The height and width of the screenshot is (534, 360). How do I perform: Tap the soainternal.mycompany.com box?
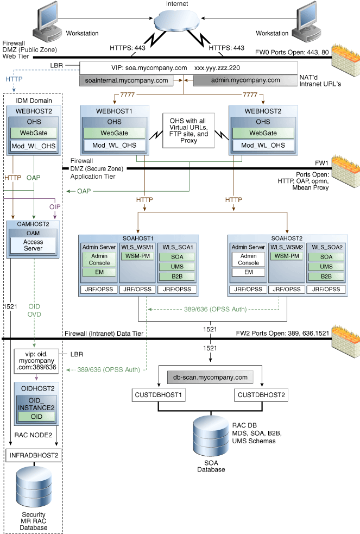coord(127,80)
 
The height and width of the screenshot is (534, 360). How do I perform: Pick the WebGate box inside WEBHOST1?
coord(114,133)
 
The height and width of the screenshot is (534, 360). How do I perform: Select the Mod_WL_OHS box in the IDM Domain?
coord(34,146)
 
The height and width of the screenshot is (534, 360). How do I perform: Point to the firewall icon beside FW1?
coord(344,172)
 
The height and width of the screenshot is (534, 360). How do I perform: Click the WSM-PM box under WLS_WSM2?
coord(286,256)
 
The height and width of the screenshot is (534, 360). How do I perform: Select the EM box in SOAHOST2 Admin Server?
coord(248,272)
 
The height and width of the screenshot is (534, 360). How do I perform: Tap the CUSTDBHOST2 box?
coord(261,394)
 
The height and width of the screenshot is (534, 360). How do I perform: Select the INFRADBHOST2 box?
coord(34,454)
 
